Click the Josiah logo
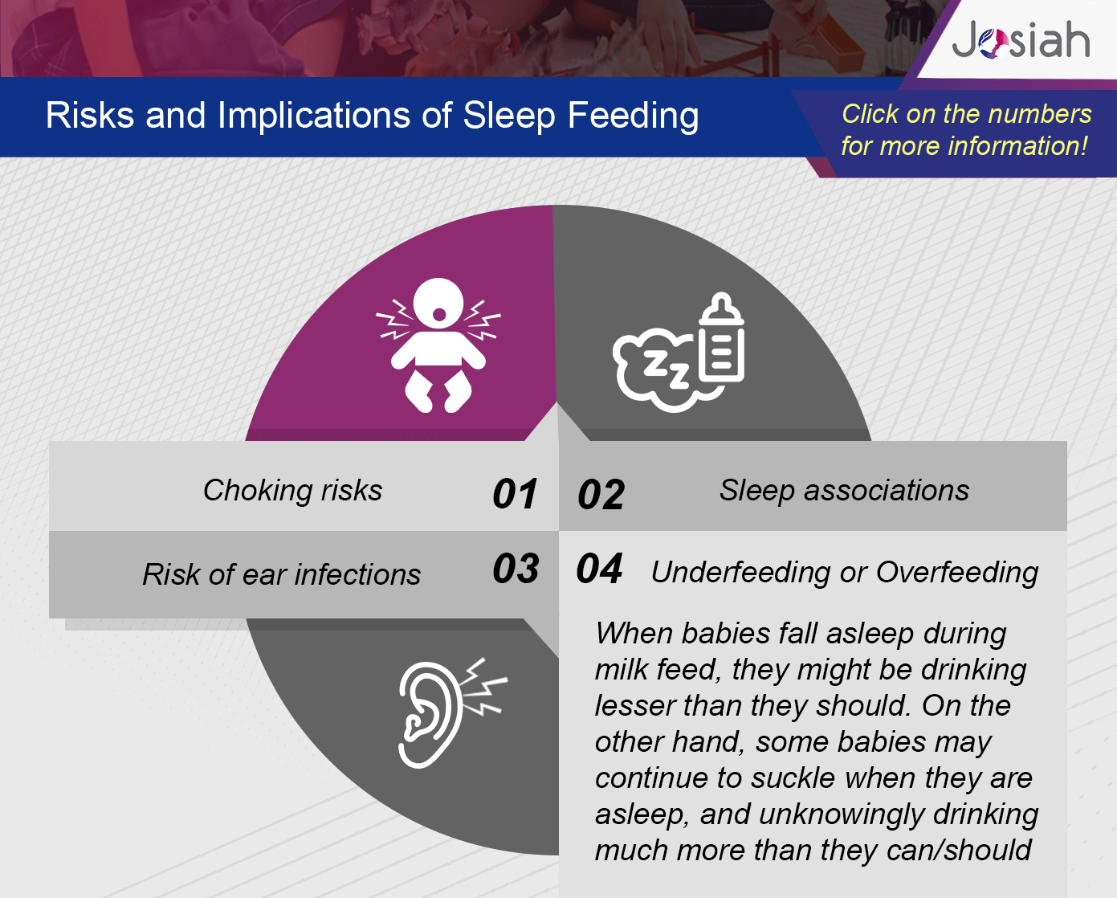point(1021,40)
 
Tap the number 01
point(515,493)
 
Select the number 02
point(601,495)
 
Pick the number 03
point(516,568)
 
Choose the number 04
point(599,568)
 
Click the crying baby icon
point(438,345)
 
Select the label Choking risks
point(293,490)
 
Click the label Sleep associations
point(845,490)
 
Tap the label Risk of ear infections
point(282,574)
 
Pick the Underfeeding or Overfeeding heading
point(845,573)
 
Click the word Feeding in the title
point(634,116)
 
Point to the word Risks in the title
point(89,115)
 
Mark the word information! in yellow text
point(1017,146)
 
